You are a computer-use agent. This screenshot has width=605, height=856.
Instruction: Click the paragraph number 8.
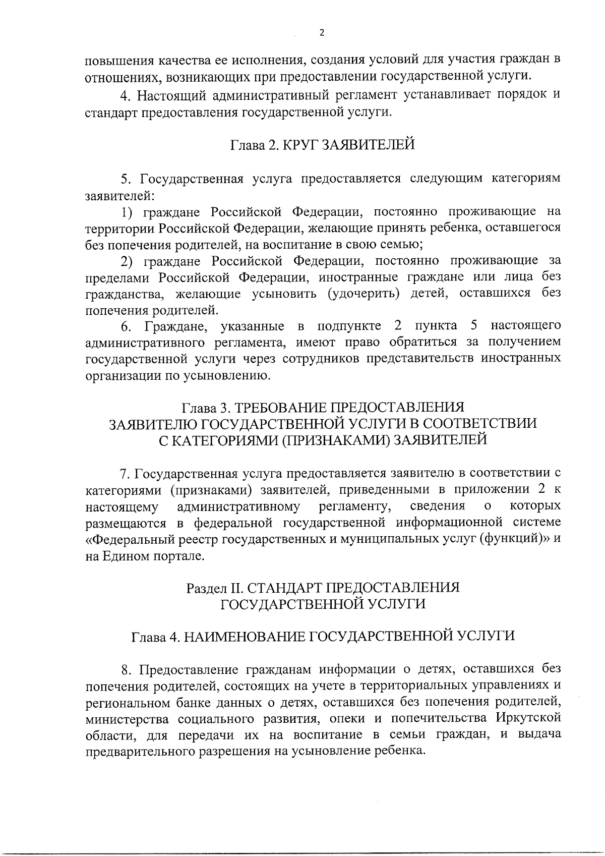[x=126, y=669]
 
